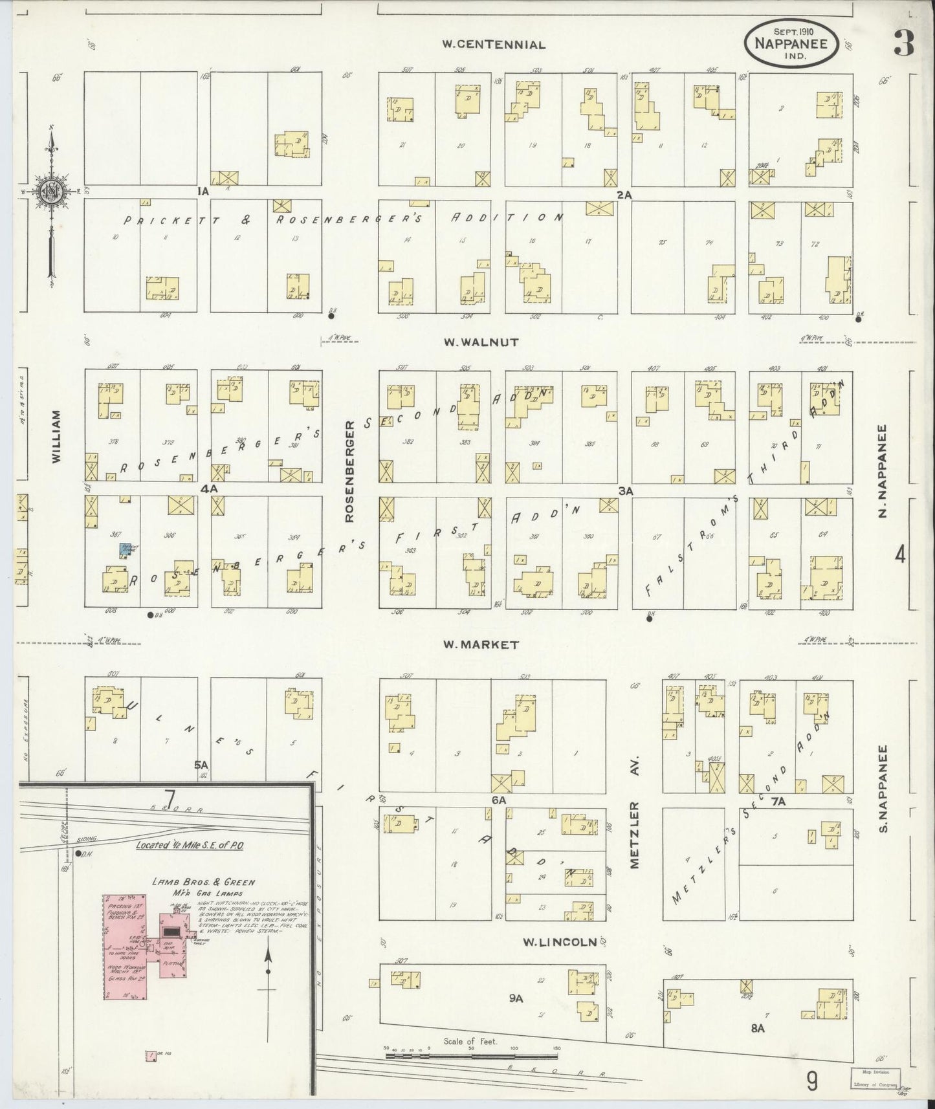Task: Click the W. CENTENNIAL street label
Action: coord(494,45)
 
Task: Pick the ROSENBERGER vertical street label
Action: coord(350,471)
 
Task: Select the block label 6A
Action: coord(498,800)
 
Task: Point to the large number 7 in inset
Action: coord(170,799)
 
